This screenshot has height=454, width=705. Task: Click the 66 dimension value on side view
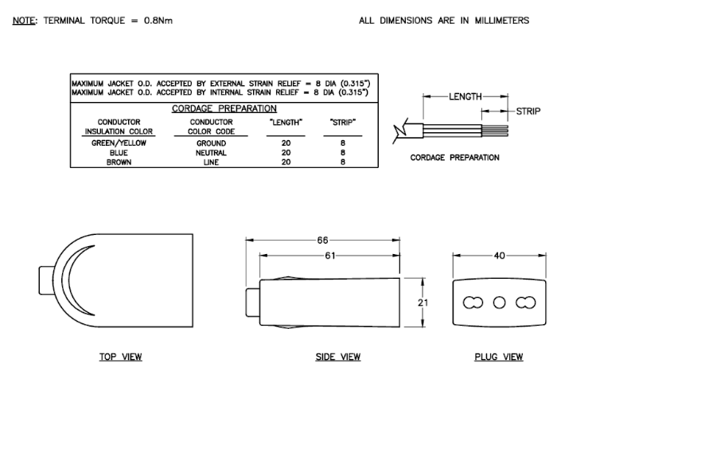coord(322,241)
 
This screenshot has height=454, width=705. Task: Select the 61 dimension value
coord(330,256)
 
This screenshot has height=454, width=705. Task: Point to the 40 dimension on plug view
coord(499,256)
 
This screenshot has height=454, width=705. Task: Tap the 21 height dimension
coord(423,303)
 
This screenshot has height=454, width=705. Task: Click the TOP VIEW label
coord(120,357)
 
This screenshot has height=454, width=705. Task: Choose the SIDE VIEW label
coord(337,357)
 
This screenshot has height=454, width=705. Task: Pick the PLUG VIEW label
coord(499,357)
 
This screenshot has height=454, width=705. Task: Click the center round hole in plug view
coord(499,303)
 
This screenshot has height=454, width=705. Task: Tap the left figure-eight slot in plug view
coord(473,303)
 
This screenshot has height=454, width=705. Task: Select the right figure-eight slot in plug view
coord(526,303)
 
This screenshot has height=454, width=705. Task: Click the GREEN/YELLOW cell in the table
coord(119,143)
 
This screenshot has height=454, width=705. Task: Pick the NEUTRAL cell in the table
coord(211,153)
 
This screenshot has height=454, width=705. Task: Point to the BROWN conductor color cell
coord(119,162)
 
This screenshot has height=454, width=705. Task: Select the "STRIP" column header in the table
coord(343,123)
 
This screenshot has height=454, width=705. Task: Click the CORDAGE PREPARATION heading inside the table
coord(224,108)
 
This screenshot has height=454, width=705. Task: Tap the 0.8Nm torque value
coord(158,21)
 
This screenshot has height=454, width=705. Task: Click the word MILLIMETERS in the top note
coord(502,21)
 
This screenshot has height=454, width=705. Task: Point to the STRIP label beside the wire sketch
coord(528,112)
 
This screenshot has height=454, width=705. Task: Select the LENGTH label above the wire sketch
coord(465,96)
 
